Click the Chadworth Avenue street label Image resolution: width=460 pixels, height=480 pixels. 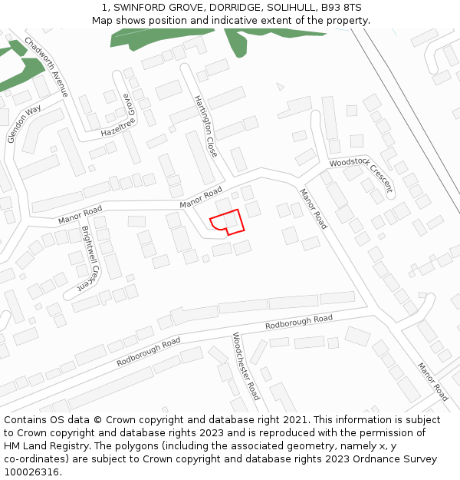click(47, 66)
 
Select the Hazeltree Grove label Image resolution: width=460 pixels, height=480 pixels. click(117, 116)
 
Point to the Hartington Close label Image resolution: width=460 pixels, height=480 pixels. click(205, 126)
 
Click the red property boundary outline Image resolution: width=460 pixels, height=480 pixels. click(227, 221)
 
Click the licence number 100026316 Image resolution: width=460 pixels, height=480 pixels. click(30, 472)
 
